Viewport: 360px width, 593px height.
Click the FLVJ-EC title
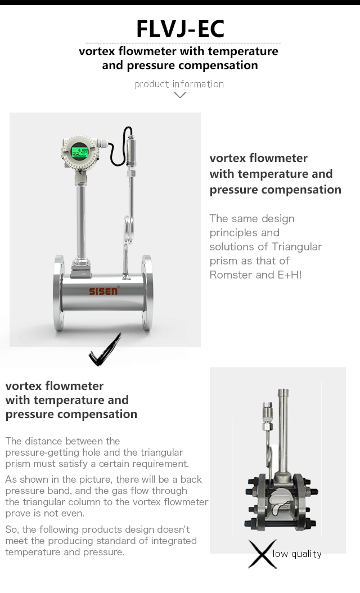(180, 29)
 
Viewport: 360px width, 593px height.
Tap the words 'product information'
(179, 84)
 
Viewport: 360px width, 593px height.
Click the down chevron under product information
(179, 95)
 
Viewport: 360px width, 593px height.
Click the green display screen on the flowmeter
(80, 152)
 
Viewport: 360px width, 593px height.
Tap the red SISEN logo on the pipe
(103, 290)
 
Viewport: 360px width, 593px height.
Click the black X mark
(263, 554)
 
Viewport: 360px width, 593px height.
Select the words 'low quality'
(297, 554)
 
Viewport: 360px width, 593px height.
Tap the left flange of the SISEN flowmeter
(59, 293)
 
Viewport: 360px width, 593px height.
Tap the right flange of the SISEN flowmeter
(147, 293)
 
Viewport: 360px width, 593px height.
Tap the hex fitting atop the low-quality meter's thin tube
(267, 416)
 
